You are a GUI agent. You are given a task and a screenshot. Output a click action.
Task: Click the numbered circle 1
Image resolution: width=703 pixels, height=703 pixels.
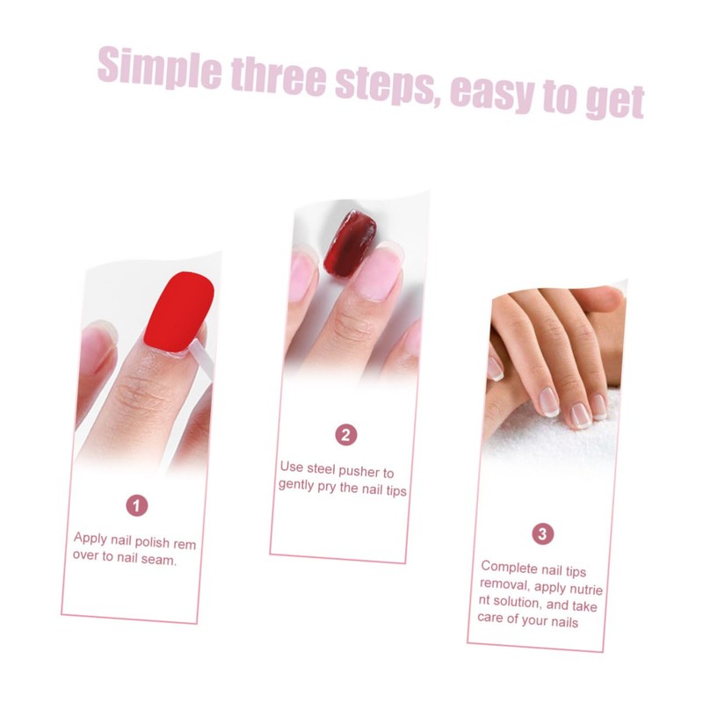136,505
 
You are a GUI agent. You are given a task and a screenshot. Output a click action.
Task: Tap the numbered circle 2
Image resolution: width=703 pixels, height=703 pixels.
346,434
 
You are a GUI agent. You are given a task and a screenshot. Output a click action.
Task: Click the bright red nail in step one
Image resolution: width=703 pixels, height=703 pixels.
179,312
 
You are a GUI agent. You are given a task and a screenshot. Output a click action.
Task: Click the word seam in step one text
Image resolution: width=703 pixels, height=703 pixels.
160,560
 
